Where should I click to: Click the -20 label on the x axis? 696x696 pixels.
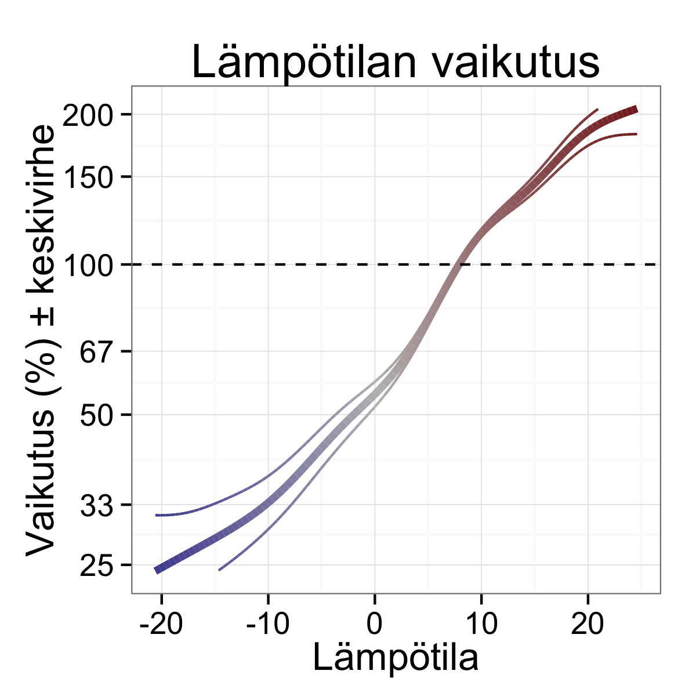click(161, 625)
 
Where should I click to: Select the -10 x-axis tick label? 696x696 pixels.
click(267, 625)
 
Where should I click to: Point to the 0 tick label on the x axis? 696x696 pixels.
click(375, 625)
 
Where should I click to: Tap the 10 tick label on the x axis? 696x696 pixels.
click(481, 625)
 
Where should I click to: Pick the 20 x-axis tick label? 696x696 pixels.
click(588, 625)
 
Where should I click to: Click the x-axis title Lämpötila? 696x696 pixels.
click(396, 658)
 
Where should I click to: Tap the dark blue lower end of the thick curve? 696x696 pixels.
click(157, 570)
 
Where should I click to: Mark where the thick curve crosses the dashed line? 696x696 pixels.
click(459, 264)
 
